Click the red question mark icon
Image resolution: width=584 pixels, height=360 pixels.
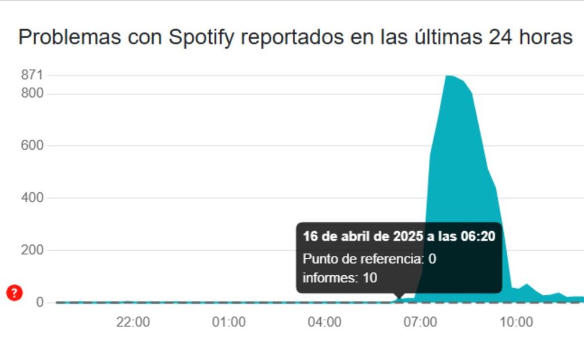point(15,293)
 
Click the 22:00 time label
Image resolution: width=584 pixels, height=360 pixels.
point(133,322)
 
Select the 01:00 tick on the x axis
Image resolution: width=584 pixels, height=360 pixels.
point(228,322)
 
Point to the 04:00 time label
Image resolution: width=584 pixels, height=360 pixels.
point(324,322)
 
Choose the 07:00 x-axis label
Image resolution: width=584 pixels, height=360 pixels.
point(420,322)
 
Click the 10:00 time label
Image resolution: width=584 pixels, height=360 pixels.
point(516,322)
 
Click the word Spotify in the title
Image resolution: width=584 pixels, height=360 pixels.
point(202,38)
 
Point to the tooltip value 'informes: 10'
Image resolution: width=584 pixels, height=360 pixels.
point(340,278)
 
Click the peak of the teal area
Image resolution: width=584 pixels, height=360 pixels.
point(449,76)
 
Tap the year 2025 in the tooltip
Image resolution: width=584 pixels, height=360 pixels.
point(407,236)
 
